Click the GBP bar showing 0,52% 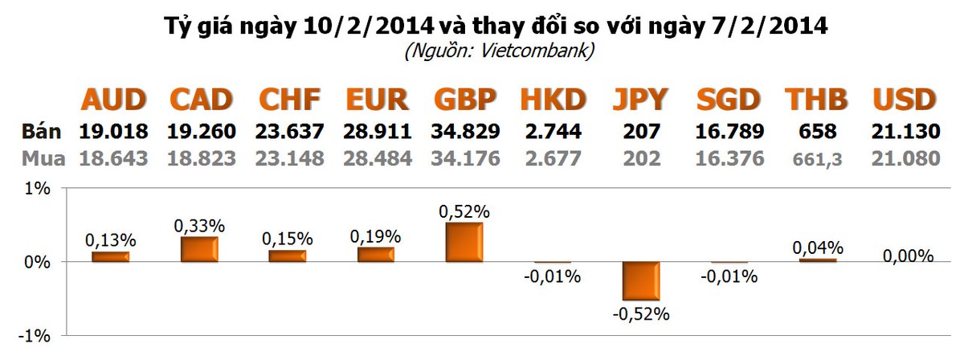point(464,243)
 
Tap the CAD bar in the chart point(199,249)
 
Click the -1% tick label point(37,336)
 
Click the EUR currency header point(377,100)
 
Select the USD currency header point(905,100)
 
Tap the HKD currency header point(552,100)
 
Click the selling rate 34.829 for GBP point(465,131)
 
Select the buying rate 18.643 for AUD point(114,158)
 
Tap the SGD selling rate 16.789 point(728,131)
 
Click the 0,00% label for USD point(908,256)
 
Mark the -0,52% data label point(640,314)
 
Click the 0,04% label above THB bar point(818,247)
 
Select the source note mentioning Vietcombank point(499,52)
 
